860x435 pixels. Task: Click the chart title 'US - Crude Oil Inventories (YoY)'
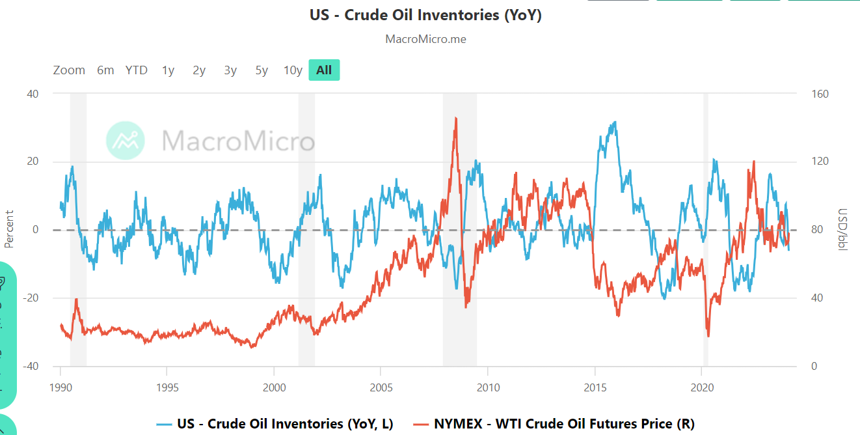tap(425, 15)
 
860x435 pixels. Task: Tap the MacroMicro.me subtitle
tap(425, 39)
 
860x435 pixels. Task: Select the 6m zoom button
tap(105, 70)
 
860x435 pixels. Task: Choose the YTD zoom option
tap(137, 70)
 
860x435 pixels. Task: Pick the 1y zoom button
tap(168, 70)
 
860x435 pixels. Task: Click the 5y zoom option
tap(262, 70)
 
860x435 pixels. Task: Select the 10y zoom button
tap(293, 70)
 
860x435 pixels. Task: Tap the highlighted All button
tap(324, 70)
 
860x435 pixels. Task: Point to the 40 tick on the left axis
tap(32, 94)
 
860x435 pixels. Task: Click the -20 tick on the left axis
tap(30, 298)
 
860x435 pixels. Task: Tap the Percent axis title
tap(9, 229)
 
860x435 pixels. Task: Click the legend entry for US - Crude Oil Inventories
tap(275, 424)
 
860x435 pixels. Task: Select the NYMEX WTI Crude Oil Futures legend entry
tap(555, 424)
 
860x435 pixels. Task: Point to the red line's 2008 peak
tap(456, 118)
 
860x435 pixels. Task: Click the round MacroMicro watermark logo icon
tap(126, 140)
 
